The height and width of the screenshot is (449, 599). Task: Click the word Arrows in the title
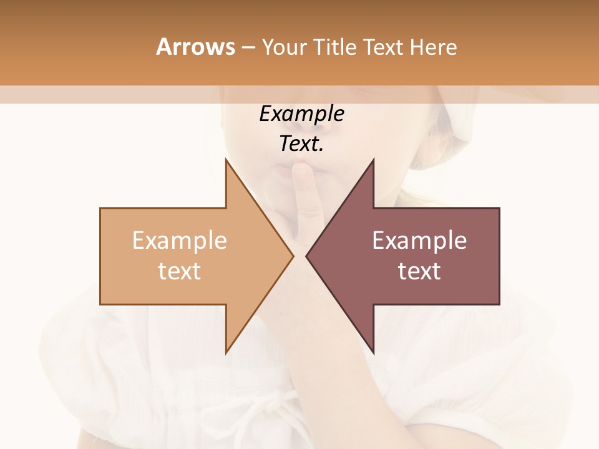coord(195,47)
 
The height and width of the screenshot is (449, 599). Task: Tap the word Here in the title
coord(434,47)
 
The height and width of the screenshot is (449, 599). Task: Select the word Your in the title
coord(283,47)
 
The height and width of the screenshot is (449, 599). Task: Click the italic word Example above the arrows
coord(301,114)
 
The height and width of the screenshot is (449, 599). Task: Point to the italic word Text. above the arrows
coord(301,144)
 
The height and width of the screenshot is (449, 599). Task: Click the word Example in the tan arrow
coord(180,241)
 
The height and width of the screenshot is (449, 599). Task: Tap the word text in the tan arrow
coord(180,271)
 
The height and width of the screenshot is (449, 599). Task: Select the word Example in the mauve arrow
coord(419,241)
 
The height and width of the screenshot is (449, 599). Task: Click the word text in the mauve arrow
coord(419,271)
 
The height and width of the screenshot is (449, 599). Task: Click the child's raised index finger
coord(307,200)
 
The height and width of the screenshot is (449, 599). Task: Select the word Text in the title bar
coord(382,47)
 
